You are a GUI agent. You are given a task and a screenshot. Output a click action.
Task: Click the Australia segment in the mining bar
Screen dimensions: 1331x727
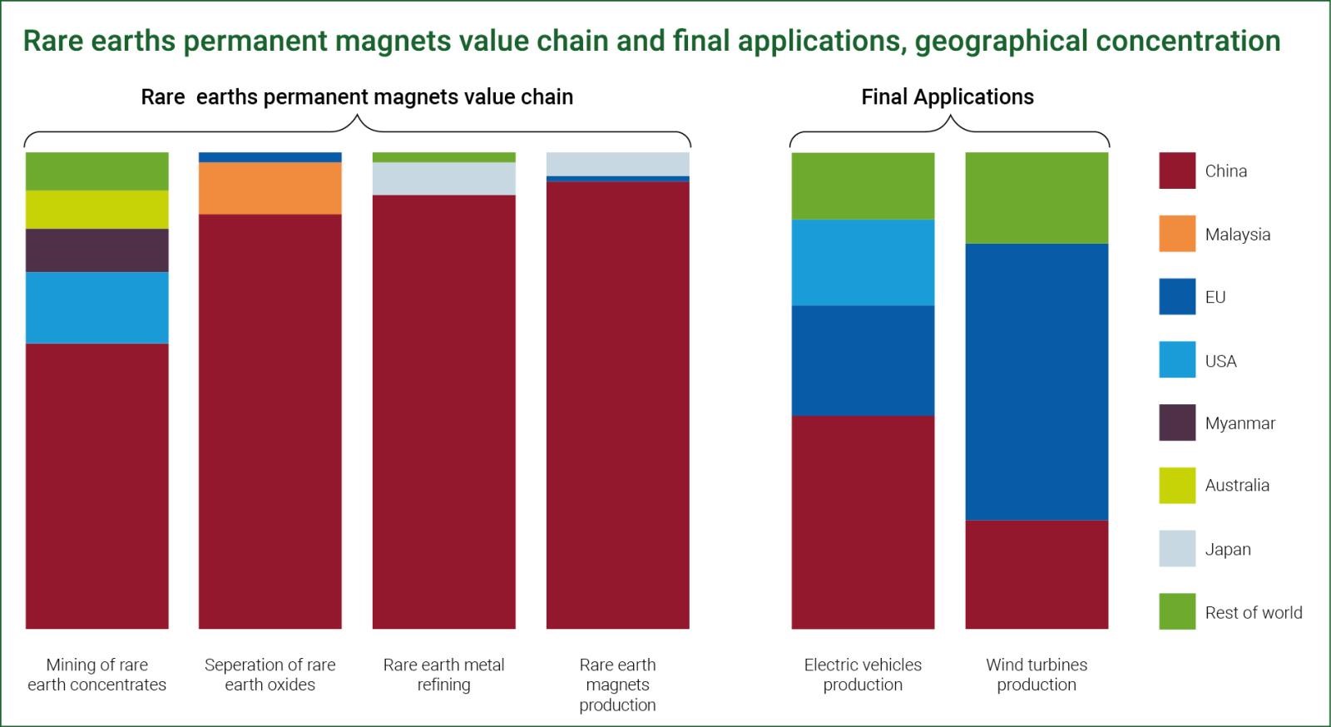coord(96,210)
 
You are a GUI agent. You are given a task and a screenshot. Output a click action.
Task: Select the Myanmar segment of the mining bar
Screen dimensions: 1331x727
coord(96,250)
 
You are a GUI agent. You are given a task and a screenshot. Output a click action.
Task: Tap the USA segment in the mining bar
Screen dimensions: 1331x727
coord(96,308)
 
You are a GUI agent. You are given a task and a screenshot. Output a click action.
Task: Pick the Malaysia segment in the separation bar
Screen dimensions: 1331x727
coord(270,188)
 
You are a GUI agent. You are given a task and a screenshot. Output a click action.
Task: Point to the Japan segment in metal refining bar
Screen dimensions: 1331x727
coord(444,179)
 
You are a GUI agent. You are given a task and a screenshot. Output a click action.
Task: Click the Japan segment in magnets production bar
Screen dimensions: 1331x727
coord(618,165)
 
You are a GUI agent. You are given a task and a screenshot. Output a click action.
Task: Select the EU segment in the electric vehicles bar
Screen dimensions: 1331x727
coord(863,360)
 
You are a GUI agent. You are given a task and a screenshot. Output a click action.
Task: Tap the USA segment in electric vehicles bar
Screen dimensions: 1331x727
coord(863,263)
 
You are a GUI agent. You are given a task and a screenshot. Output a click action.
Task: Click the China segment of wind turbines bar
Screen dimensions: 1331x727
coord(1037,574)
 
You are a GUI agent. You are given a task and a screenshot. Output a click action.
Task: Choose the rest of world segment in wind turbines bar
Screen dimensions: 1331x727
coord(1037,198)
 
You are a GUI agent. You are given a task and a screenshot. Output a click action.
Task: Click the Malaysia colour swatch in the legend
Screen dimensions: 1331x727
coord(1177,234)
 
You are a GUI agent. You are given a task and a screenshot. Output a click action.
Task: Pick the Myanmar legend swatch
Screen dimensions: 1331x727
coord(1177,423)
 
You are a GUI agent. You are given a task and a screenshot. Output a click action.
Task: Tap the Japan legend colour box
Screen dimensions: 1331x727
coord(1177,548)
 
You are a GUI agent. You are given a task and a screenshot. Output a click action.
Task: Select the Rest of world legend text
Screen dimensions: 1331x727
coord(1254,612)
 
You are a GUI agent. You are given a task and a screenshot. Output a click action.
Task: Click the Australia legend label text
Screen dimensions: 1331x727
coord(1237,485)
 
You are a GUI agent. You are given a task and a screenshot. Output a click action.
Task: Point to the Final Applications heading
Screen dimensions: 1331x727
coord(948,96)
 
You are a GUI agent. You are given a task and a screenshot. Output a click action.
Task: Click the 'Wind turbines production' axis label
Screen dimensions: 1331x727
coord(1037,675)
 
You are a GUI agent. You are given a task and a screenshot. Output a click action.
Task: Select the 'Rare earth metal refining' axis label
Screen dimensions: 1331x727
coord(444,675)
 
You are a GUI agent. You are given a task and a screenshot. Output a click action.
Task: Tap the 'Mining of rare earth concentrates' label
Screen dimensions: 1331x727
coord(96,675)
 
